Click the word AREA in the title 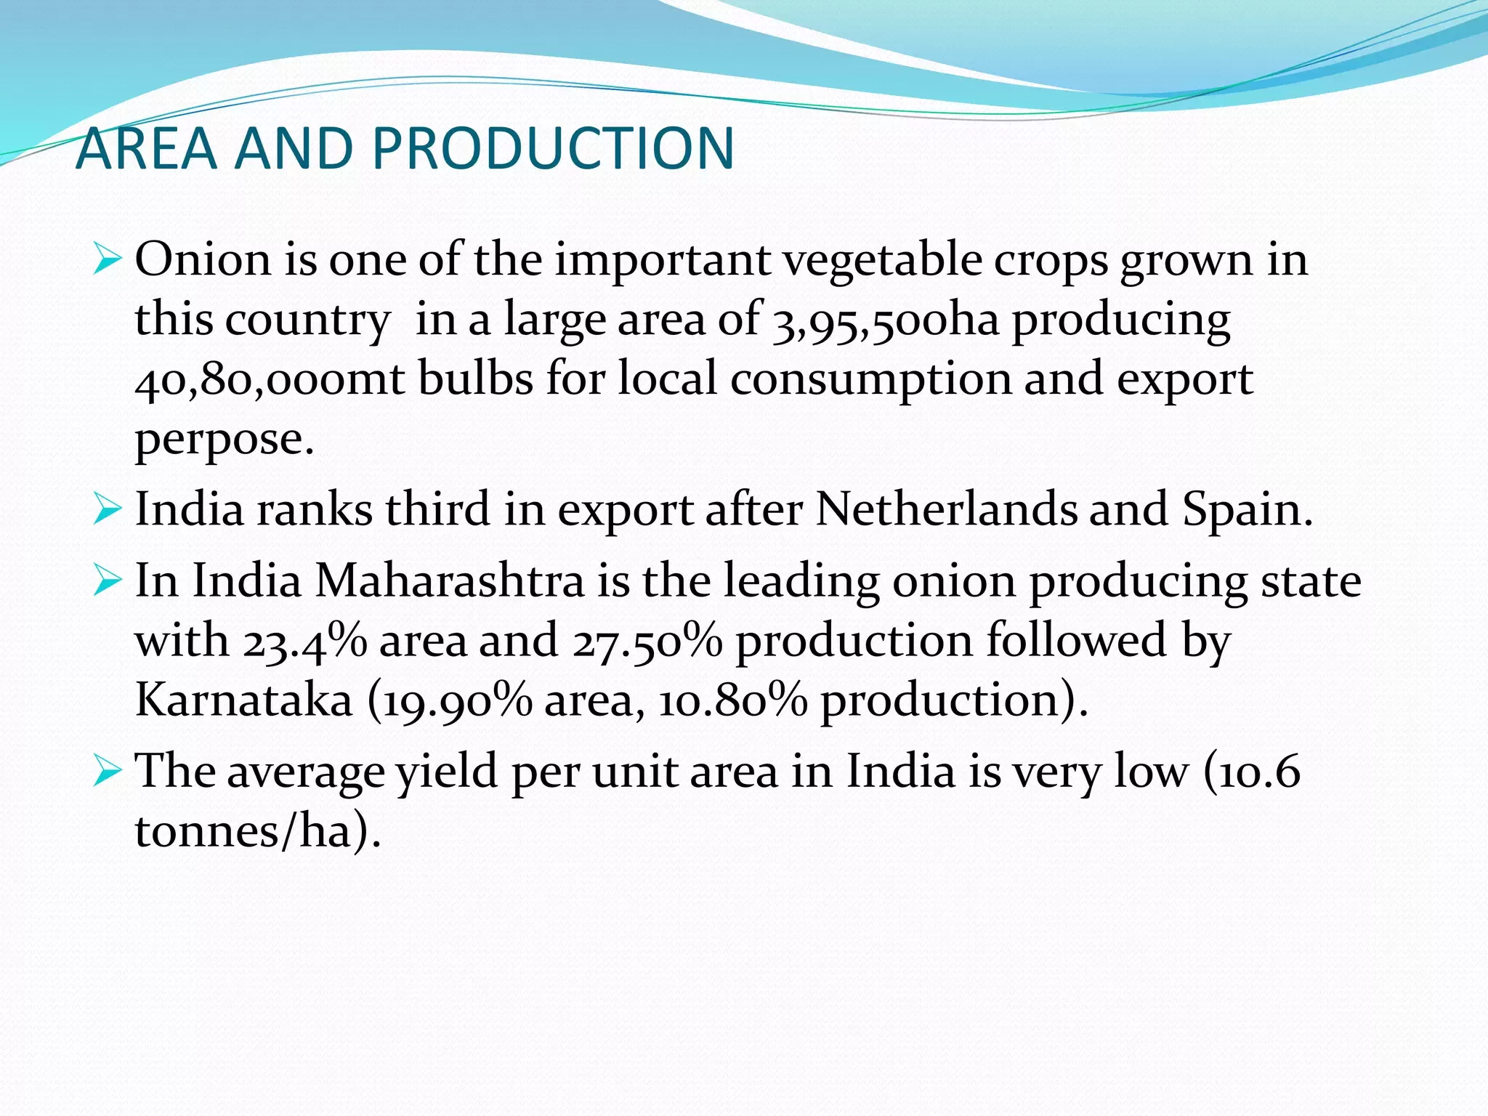tap(146, 148)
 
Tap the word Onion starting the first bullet tap(203, 259)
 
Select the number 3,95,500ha tap(886, 320)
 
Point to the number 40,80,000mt tap(270, 379)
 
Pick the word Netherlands tap(946, 509)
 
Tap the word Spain tap(1248, 509)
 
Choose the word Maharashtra tap(450, 581)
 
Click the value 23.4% tap(304, 641)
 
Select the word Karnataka tap(244, 700)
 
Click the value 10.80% tap(732, 700)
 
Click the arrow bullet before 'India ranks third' tap(107, 510)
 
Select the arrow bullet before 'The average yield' tap(107, 772)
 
